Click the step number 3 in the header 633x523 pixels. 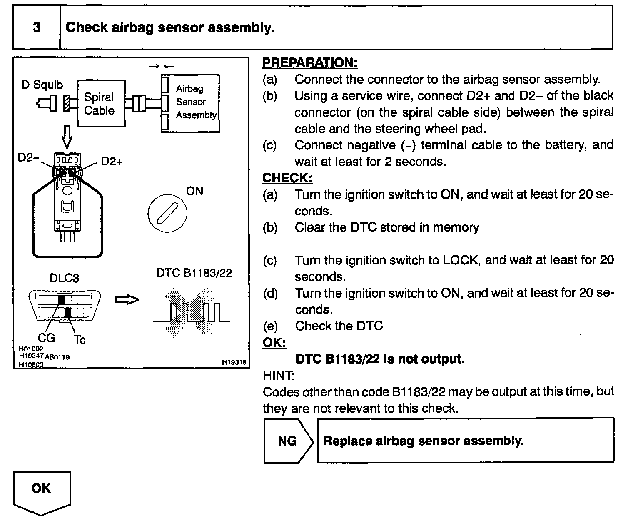(x=37, y=27)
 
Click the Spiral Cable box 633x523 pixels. (x=100, y=104)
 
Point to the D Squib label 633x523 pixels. (x=42, y=85)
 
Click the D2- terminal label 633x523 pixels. (x=28, y=158)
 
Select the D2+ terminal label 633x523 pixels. (x=112, y=162)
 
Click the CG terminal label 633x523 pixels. (x=46, y=337)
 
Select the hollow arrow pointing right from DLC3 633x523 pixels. (x=127, y=300)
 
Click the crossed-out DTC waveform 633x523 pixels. (x=191, y=311)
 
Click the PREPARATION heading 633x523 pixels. (x=310, y=63)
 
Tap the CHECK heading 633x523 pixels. (x=287, y=178)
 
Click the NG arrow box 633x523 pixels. (x=287, y=441)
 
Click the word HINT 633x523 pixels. (x=279, y=376)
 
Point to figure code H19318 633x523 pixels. (x=234, y=363)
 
